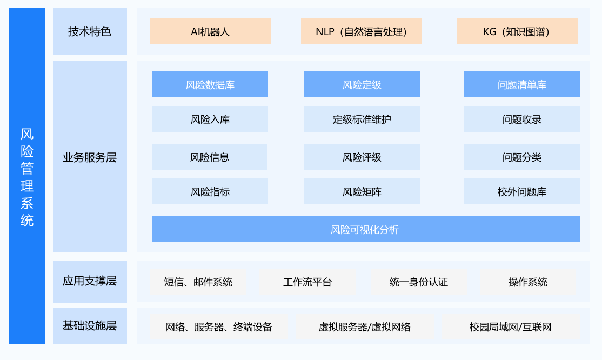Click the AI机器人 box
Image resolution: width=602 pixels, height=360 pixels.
pyautogui.click(x=210, y=31)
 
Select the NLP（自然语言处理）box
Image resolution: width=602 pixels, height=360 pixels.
pyautogui.click(x=362, y=31)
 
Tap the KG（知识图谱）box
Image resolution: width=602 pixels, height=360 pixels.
pyautogui.click(x=517, y=31)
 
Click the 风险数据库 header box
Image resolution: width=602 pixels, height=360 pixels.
pyautogui.click(x=210, y=84)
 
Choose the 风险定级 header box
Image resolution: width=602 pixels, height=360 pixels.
pyautogui.click(x=362, y=84)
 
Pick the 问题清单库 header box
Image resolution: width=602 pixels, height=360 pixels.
pyautogui.click(x=522, y=84)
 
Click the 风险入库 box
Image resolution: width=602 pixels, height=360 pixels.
pyautogui.click(x=210, y=119)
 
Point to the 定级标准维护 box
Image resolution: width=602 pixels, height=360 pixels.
pyautogui.click(x=362, y=119)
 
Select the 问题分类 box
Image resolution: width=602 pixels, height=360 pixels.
pyautogui.click(x=522, y=157)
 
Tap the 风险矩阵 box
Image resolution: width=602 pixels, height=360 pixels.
pyautogui.click(x=362, y=191)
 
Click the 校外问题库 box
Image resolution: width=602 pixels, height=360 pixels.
pyautogui.click(x=522, y=191)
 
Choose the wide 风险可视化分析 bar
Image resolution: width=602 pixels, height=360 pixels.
pyautogui.click(x=366, y=229)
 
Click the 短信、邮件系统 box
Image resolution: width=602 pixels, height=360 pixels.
pyautogui.click(x=198, y=282)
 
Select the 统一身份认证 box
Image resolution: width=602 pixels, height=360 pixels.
pyautogui.click(x=418, y=282)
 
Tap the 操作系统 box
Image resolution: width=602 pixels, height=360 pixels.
pyautogui.click(x=527, y=282)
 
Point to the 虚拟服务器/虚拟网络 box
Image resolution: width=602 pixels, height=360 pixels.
pyautogui.click(x=364, y=326)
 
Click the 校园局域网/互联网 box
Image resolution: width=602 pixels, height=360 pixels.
pyautogui.click(x=510, y=326)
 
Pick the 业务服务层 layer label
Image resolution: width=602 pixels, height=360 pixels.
pyautogui.click(x=90, y=156)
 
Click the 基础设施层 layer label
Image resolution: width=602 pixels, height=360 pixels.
pyautogui.click(x=90, y=326)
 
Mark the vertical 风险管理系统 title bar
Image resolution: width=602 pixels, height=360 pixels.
pyautogui.click(x=27, y=176)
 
